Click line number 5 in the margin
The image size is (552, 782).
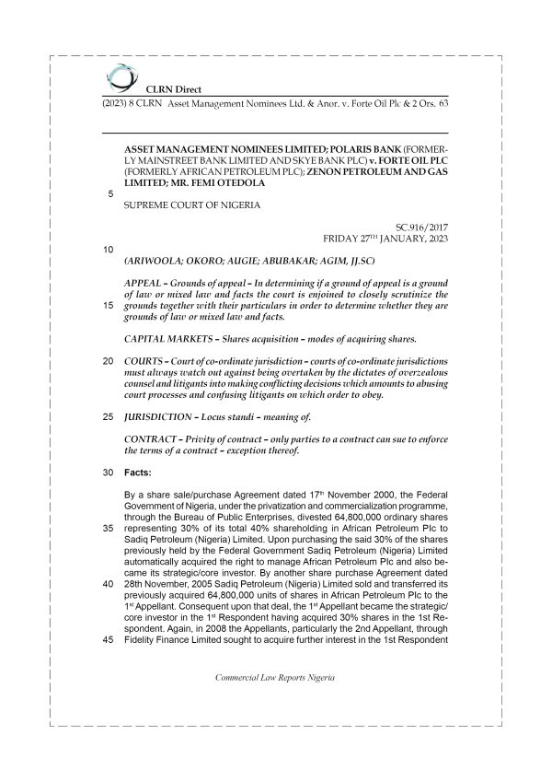(x=110, y=193)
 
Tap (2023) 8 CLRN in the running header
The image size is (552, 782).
(x=123, y=105)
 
